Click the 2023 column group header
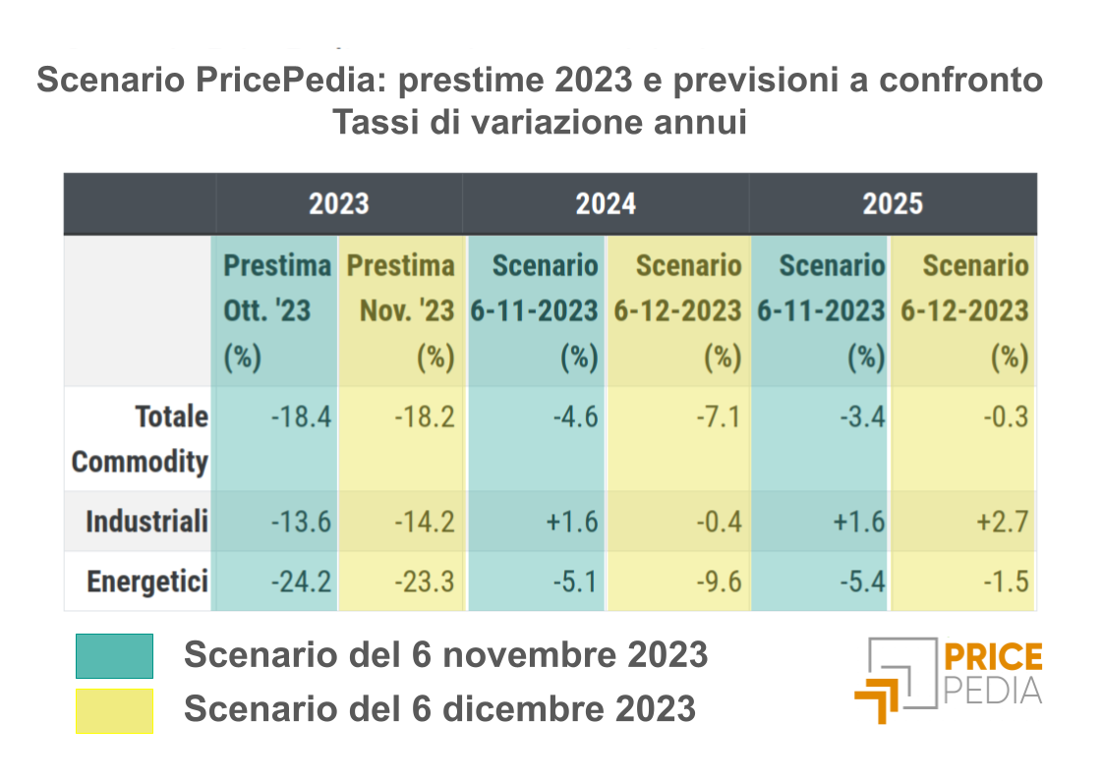[338, 203]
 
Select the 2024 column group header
[606, 203]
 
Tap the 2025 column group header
[893, 203]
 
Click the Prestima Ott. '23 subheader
[276, 310]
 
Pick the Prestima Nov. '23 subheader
[400, 310]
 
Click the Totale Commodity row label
[141, 438]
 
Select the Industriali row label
[146, 522]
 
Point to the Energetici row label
[147, 582]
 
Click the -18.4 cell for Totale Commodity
[301, 417]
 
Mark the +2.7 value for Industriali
[1002, 522]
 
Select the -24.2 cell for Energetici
[301, 582]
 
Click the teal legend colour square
[114, 656]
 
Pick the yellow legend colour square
[114, 710]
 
